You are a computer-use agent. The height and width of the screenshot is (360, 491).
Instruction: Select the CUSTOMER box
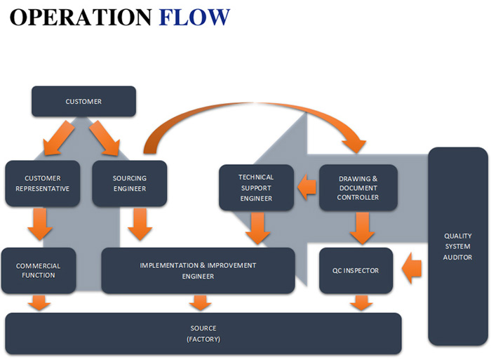pyautogui.click(x=83, y=101)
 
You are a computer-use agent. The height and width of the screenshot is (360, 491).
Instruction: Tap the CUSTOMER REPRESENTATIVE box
pyautogui.click(x=42, y=183)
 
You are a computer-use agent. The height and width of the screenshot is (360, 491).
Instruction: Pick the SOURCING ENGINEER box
pyautogui.click(x=130, y=183)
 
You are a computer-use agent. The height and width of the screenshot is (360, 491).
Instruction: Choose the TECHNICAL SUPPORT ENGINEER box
pyautogui.click(x=256, y=187)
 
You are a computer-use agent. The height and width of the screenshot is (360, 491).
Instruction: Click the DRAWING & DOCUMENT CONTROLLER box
pyautogui.click(x=358, y=187)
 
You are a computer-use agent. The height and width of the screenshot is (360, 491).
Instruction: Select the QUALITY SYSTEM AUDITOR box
pyautogui.click(x=457, y=246)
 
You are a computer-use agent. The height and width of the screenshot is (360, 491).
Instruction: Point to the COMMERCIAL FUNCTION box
pyautogui.click(x=39, y=270)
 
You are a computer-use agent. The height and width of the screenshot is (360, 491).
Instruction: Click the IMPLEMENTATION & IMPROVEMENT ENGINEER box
pyautogui.click(x=198, y=270)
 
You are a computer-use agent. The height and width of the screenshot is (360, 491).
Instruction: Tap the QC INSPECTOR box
pyautogui.click(x=356, y=270)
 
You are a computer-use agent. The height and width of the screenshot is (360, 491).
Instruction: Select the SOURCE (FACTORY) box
pyautogui.click(x=203, y=333)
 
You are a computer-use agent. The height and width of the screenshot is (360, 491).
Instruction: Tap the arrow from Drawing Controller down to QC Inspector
pyautogui.click(x=362, y=227)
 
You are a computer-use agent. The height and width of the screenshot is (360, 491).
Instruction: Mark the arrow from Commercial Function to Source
pyautogui.click(x=40, y=303)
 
